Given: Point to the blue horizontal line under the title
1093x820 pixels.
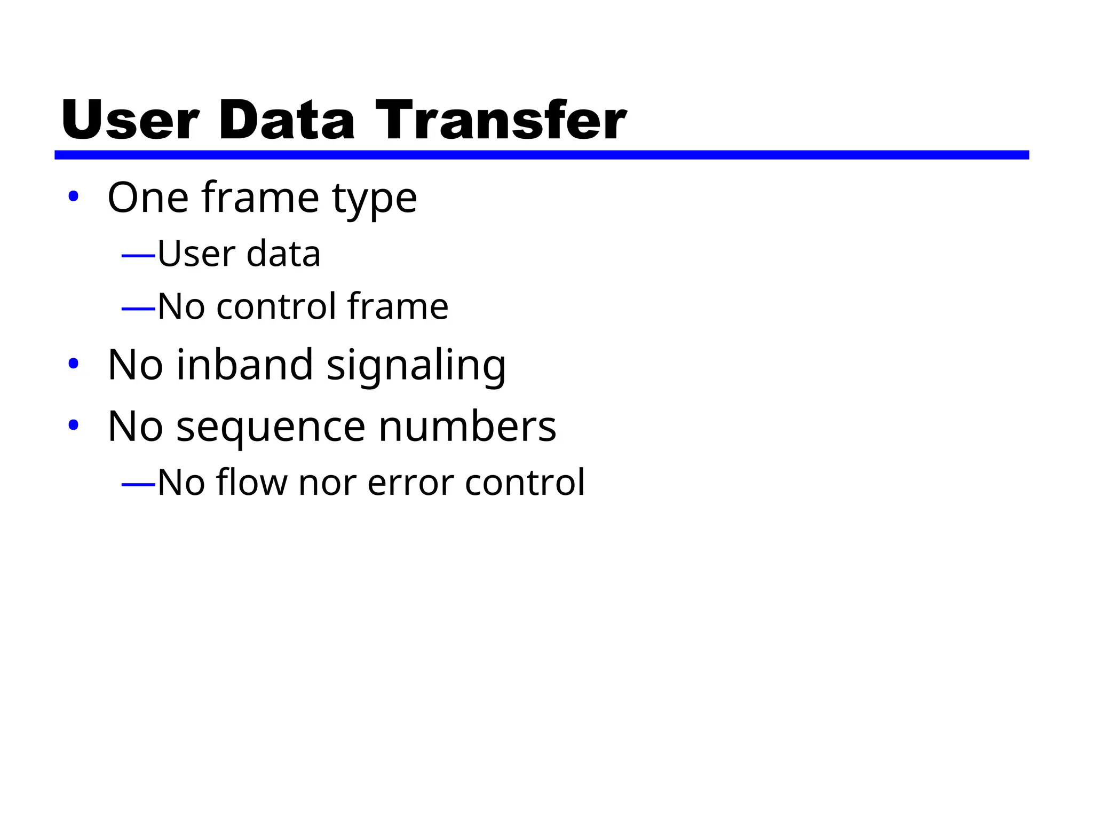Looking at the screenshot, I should (x=541, y=155).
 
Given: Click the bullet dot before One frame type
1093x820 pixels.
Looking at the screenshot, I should (x=73, y=196).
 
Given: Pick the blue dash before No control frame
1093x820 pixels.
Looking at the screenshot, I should (x=138, y=309).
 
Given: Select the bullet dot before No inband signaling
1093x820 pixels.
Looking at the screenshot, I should (x=73, y=364).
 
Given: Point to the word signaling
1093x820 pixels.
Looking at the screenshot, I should (x=416, y=366).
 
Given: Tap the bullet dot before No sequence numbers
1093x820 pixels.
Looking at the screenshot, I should (x=73, y=425).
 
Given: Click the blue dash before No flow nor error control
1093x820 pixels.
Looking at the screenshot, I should (x=138, y=485).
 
